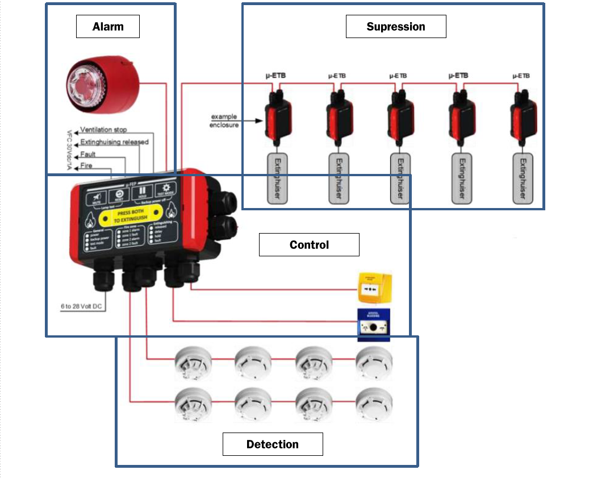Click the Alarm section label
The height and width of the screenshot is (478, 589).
[108, 27]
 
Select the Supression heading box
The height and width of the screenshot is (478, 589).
[395, 27]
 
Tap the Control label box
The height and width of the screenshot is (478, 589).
[309, 245]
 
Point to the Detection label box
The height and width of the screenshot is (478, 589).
[273, 444]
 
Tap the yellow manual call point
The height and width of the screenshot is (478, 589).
[374, 288]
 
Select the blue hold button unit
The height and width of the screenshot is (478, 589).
[374, 325]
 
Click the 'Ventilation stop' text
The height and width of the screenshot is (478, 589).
[103, 130]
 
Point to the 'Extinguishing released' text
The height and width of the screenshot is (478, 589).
[114, 142]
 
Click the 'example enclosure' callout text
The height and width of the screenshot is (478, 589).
[224, 121]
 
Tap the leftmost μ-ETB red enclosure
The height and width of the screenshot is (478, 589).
[277, 117]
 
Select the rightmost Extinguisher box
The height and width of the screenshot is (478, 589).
[523, 178]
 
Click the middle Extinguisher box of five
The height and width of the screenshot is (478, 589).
[400, 178]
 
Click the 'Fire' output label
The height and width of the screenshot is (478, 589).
[86, 166]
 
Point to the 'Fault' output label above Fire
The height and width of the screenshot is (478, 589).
[88, 154]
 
